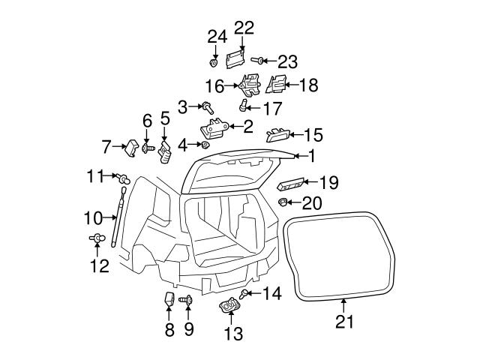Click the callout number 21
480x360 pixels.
(x=343, y=323)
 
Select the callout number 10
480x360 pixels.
(x=93, y=219)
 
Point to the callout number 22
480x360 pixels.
(x=244, y=28)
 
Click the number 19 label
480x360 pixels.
(x=329, y=182)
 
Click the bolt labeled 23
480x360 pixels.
(x=256, y=59)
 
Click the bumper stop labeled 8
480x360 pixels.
(x=169, y=300)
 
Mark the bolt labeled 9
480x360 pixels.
(x=187, y=300)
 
